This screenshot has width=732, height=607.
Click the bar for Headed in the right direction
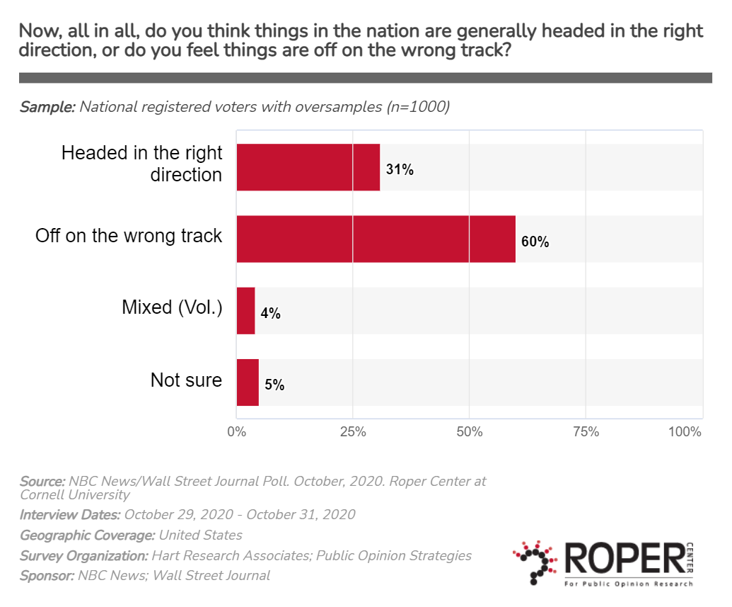(308, 167)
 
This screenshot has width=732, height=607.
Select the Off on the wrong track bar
(376, 239)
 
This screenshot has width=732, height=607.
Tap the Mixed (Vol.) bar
(245, 310)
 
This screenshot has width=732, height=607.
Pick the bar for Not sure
(248, 382)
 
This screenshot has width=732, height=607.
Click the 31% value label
(400, 170)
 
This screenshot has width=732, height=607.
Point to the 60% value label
(535, 242)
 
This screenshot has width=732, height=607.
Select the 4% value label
(270, 313)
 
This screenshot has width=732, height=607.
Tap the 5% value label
(274, 385)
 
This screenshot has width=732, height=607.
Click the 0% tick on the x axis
(236, 431)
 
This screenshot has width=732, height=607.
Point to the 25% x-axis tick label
(353, 431)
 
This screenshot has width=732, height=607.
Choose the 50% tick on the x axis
(470, 431)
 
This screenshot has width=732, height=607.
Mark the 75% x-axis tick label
(586, 431)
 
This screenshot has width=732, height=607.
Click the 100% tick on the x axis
(685, 431)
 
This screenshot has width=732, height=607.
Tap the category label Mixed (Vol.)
(172, 307)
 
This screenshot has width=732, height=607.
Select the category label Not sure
(186, 380)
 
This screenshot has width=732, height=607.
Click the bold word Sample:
(47, 107)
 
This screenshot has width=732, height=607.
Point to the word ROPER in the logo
(620, 558)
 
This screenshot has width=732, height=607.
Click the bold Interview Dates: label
(70, 514)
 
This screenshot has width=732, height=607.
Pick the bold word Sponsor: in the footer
(47, 575)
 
